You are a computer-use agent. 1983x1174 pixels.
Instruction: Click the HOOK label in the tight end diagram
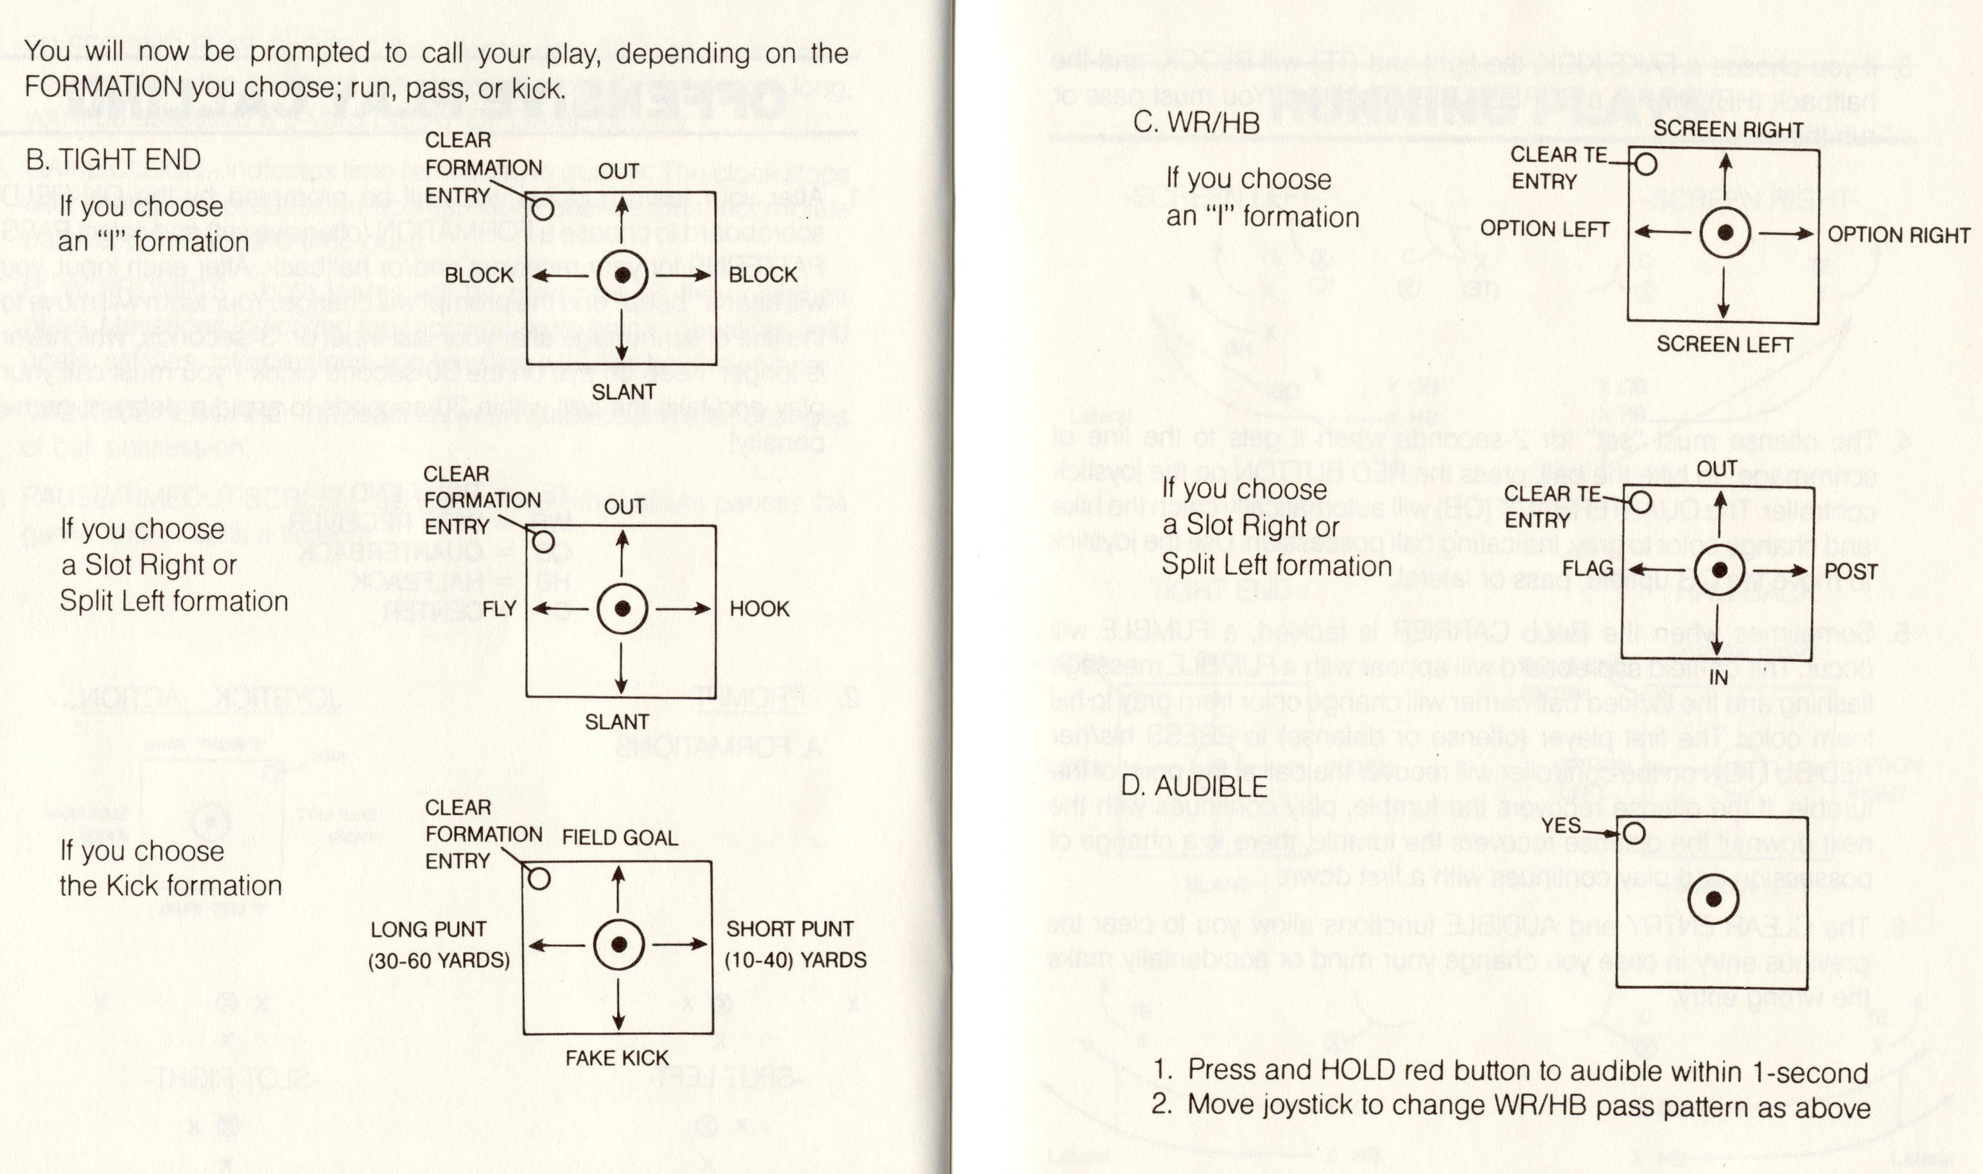click(759, 609)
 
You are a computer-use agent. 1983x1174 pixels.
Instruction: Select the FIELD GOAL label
click(620, 838)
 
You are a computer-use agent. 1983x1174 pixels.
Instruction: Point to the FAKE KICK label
click(616, 1058)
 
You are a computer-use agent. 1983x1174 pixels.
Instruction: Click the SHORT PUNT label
click(790, 929)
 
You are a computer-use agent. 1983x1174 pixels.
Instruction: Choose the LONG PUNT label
click(428, 929)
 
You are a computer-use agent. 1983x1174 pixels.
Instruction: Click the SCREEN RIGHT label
click(1728, 129)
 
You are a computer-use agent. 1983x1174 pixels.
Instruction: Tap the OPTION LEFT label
click(1544, 229)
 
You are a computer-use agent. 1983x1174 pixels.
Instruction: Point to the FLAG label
click(1587, 568)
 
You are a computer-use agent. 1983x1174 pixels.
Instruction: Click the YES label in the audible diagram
click(1560, 825)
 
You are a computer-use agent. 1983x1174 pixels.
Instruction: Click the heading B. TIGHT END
click(113, 160)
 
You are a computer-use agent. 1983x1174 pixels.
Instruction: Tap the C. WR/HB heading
click(1196, 123)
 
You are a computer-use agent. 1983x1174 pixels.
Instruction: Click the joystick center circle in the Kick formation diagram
click(620, 945)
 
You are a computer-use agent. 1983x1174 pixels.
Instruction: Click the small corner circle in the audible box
click(1633, 833)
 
